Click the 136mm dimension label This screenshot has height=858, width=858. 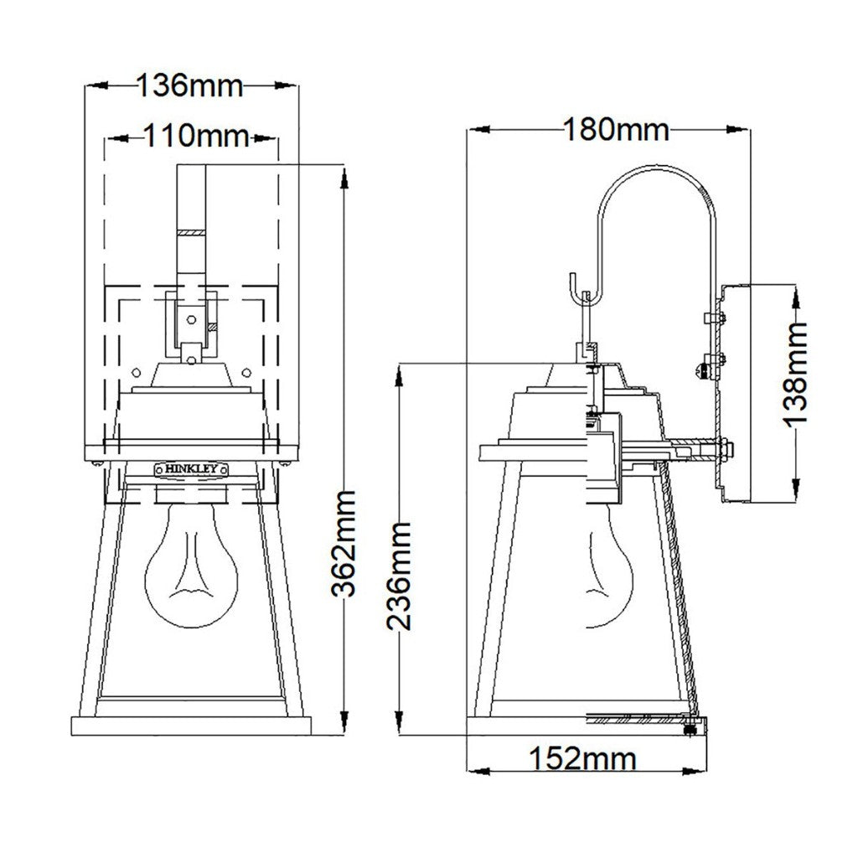189,85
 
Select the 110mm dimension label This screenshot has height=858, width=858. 196,136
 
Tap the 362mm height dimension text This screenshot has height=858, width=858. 344,543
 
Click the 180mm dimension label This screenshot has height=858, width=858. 616,130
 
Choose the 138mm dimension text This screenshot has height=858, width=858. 795,373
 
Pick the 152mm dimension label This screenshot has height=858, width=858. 583,759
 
